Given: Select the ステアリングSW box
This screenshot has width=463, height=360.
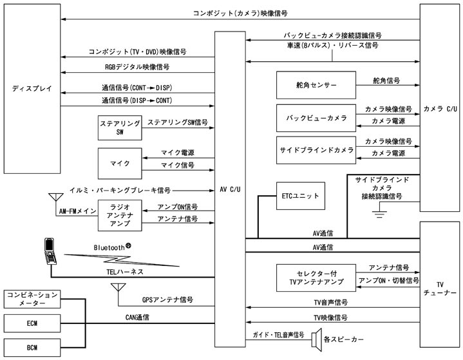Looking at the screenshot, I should coord(120,128).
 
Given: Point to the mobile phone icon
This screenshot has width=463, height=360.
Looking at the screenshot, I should coord(50,250).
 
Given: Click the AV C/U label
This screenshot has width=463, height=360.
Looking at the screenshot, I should coord(230,189).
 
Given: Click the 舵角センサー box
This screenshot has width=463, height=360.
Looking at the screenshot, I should coord(315,85).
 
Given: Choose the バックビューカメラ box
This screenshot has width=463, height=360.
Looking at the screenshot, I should coord(315,118).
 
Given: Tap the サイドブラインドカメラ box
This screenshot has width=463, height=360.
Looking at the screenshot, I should coord(315,150).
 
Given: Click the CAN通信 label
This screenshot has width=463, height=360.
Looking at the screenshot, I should coord(138,317).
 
